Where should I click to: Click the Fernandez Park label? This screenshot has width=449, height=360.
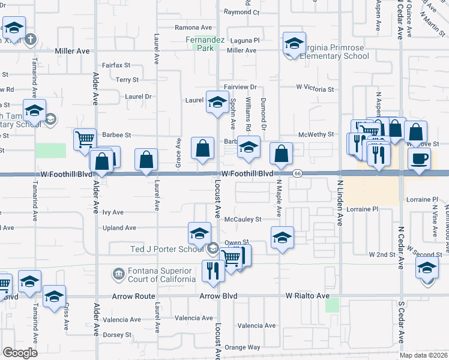(x=205, y=43)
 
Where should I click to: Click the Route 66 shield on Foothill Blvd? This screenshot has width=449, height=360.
(x=297, y=173)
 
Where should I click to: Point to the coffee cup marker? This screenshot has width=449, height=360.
(x=419, y=158)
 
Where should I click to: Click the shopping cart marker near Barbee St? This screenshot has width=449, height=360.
(x=85, y=139)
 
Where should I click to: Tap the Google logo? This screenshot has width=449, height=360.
(x=20, y=353)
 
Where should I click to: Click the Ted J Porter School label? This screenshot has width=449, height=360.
(x=167, y=249)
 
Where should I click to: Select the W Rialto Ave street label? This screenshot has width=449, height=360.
(x=307, y=296)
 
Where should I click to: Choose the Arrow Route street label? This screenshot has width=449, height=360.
(x=134, y=296)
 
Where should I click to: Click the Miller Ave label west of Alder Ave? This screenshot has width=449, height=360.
(x=72, y=52)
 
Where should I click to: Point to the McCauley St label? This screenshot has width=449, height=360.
(x=243, y=220)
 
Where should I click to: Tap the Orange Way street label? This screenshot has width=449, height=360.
(x=243, y=347)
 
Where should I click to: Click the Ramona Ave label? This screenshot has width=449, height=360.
(x=193, y=28)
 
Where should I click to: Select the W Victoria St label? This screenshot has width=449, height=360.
(x=315, y=88)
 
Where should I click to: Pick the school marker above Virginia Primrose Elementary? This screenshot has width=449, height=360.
(x=294, y=43)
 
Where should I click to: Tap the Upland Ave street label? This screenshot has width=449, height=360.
(x=119, y=228)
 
